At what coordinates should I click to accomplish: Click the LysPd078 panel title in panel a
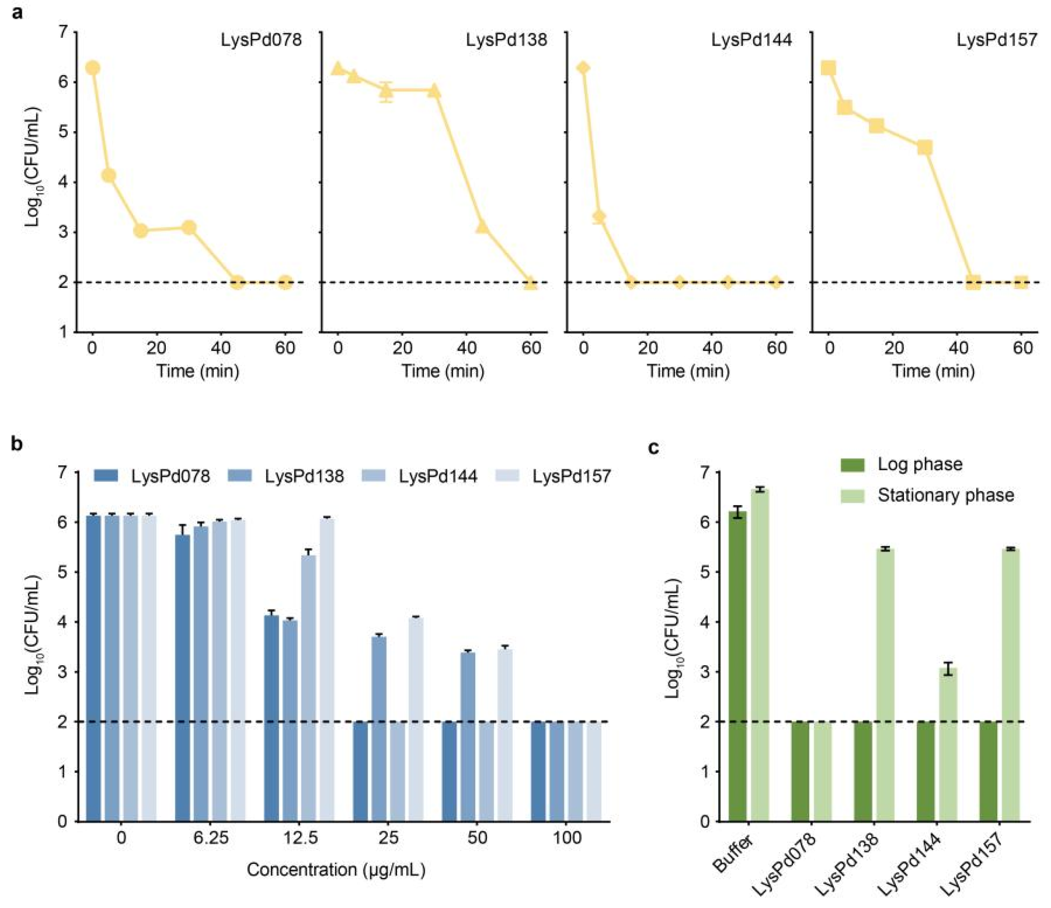tap(261, 40)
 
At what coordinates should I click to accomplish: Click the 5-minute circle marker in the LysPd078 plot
tap(108, 175)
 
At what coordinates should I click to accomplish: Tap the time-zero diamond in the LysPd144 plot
tap(583, 68)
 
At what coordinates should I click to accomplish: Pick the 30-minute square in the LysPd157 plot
tap(925, 148)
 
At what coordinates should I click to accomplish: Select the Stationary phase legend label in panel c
tap(945, 495)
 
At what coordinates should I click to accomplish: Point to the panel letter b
tap(17, 444)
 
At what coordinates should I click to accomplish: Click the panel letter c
tap(654, 448)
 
